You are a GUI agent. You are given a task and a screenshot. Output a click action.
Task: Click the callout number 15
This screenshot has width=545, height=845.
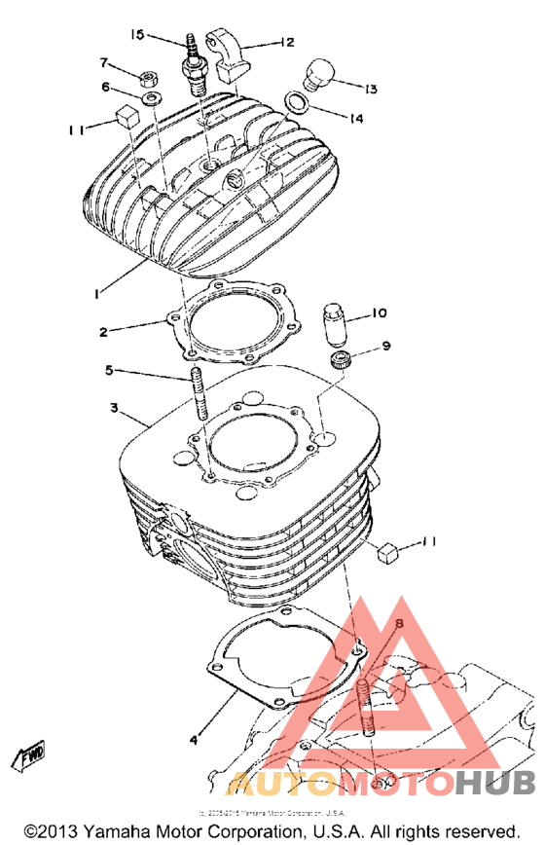(x=137, y=35)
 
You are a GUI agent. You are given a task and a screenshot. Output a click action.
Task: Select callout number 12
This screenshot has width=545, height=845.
(x=286, y=42)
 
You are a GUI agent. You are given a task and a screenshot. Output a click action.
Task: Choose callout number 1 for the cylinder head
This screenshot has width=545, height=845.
(x=96, y=291)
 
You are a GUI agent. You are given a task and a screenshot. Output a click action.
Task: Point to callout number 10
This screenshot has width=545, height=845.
(x=380, y=313)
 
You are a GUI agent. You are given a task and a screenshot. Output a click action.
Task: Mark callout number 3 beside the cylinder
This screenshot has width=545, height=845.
(x=114, y=409)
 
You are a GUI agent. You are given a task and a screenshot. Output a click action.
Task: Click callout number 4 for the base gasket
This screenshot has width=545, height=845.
(x=195, y=740)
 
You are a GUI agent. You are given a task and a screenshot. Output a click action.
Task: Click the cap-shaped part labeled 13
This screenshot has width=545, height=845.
(x=319, y=75)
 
